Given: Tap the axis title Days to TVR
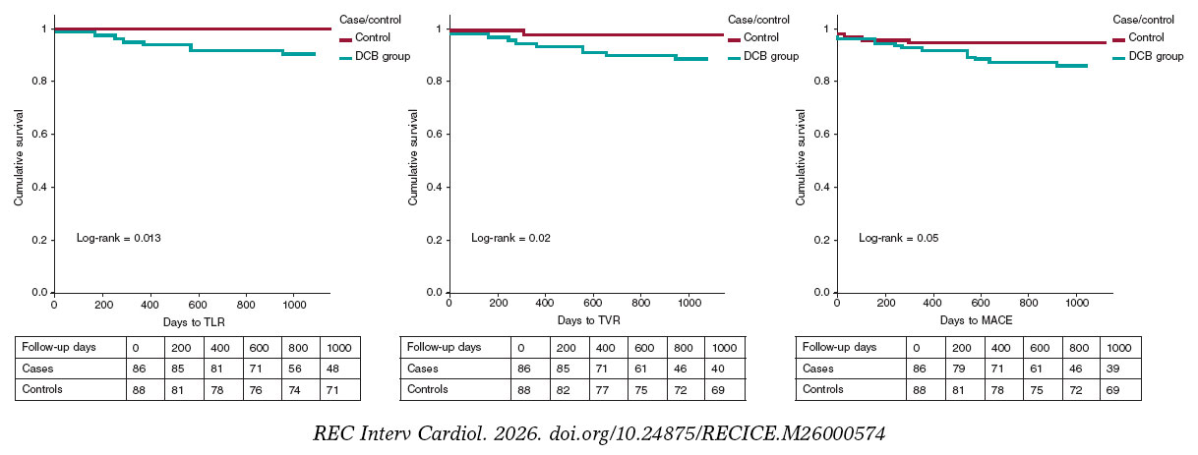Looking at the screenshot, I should (x=588, y=321).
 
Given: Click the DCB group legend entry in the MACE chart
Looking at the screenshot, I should (x=1156, y=57).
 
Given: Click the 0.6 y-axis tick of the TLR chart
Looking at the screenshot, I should (x=38, y=134).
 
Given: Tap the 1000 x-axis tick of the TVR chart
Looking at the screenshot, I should (x=689, y=306).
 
